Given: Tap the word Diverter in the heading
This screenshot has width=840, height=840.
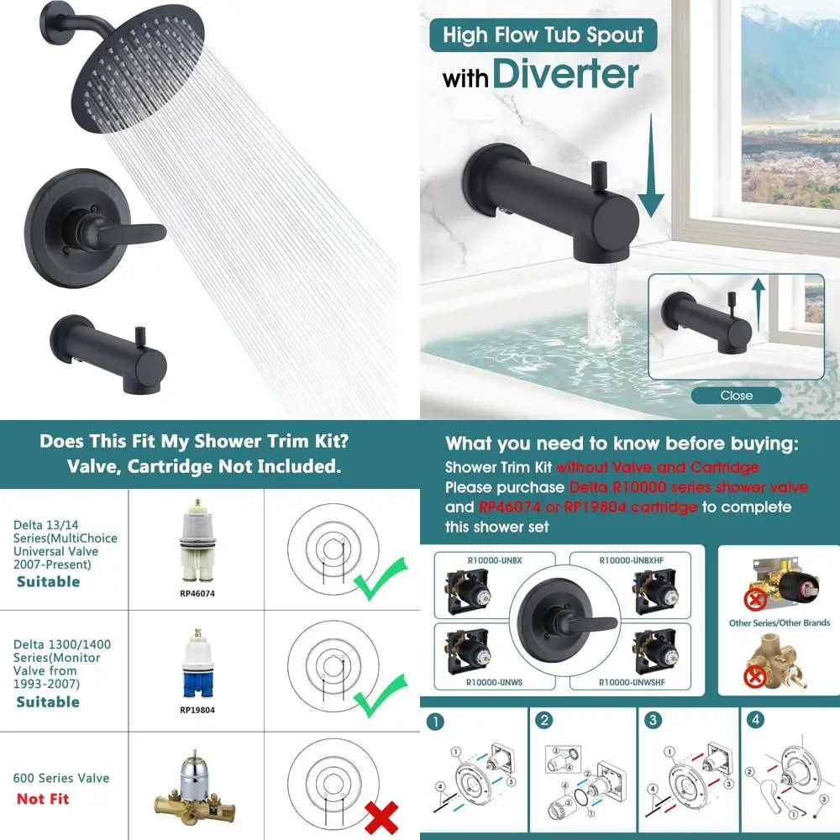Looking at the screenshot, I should [565, 74].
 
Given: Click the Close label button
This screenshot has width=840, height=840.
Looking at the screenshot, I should [736, 395].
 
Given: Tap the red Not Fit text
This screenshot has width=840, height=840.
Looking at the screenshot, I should [43, 799].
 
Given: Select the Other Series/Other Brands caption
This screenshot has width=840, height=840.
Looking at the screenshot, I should [780, 623].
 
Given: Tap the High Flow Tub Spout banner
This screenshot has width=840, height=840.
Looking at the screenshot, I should [543, 35].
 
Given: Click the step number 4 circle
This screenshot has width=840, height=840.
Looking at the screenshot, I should [757, 720].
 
